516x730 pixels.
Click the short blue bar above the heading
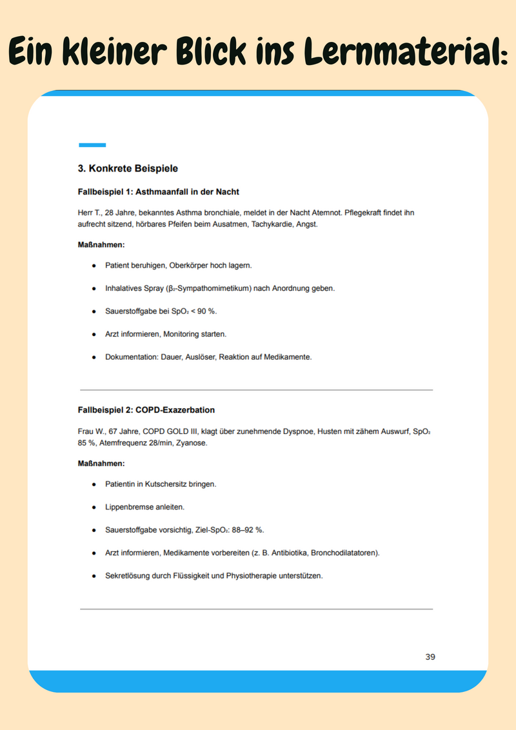(x=92, y=145)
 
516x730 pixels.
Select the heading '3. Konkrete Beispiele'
(x=128, y=169)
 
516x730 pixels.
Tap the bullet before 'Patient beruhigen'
(x=94, y=266)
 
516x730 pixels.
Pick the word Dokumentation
(x=132, y=357)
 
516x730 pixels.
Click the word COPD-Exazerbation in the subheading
(x=175, y=410)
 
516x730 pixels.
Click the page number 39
(x=430, y=657)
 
